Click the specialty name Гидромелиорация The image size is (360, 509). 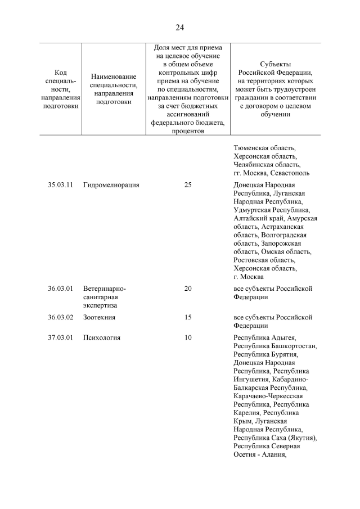[111, 184]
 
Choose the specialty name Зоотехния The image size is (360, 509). [99, 317]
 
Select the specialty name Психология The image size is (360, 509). [101, 337]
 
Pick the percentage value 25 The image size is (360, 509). [188, 184]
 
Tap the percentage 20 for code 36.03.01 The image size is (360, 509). [188, 289]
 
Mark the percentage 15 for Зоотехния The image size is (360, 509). [188, 317]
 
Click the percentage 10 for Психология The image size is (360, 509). [188, 337]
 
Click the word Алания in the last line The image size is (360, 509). [273, 455]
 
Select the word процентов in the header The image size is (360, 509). [188, 131]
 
